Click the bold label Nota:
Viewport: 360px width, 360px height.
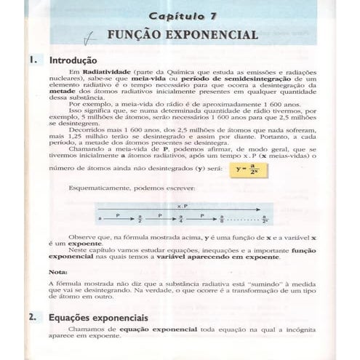coord(59,271)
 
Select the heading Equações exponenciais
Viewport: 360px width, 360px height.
coord(98,318)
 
